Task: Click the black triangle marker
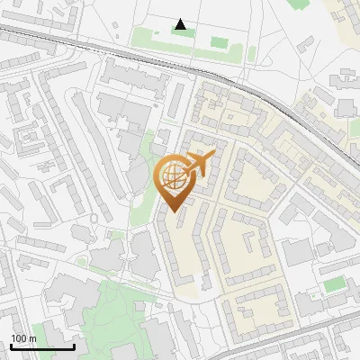181,24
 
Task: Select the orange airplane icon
197,165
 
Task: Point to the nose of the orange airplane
213,156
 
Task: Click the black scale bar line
41,346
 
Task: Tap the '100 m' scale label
23,338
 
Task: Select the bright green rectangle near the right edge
334,284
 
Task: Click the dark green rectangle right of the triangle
219,40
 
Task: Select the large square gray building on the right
296,253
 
